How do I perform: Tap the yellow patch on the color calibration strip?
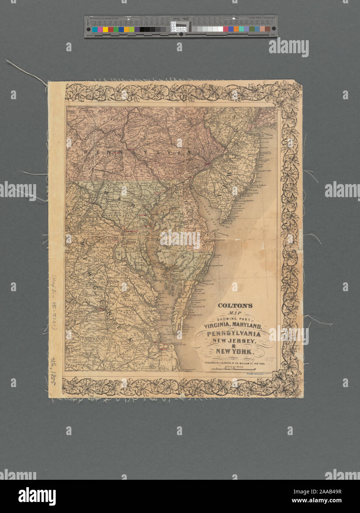(x=105, y=29)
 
